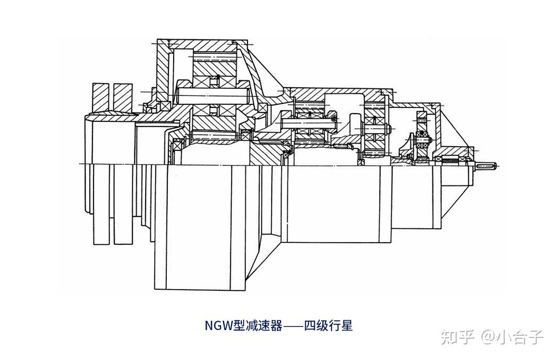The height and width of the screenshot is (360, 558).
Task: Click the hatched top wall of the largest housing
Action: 202,42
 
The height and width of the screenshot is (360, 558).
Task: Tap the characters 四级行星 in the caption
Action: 328,326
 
